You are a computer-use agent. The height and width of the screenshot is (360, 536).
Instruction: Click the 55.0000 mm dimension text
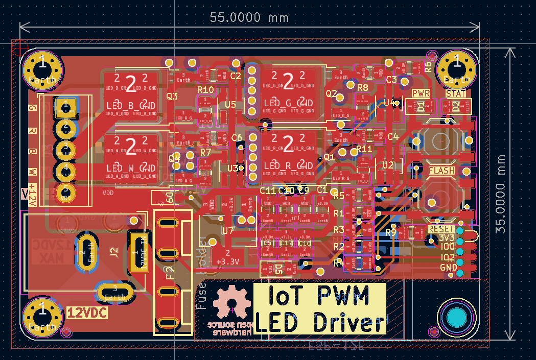point(249,17)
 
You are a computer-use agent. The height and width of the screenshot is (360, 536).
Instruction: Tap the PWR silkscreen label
point(421,94)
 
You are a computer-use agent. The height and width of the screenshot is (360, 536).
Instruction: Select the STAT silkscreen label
point(456,94)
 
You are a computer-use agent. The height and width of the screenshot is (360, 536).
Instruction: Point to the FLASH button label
point(441,171)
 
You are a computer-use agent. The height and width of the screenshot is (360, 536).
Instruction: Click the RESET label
point(440,229)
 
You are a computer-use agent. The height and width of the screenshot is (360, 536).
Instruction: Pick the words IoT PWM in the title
point(319,296)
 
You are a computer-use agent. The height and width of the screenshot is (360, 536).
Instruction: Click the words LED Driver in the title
point(319,323)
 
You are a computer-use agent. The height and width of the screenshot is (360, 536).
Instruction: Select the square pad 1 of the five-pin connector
point(65,107)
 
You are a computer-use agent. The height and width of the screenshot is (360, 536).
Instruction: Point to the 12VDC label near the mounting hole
point(87,313)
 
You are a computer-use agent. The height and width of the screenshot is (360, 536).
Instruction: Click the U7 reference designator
point(227,231)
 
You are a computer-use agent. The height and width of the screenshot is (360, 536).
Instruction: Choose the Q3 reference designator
point(172,96)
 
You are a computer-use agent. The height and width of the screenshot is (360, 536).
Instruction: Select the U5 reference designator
point(230,105)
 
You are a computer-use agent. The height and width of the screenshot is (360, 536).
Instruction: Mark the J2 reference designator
point(114,251)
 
